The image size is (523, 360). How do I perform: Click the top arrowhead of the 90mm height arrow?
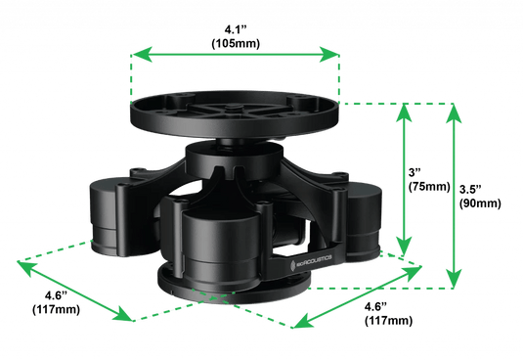(x=453, y=108)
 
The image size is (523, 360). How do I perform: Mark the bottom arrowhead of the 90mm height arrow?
(x=453, y=285)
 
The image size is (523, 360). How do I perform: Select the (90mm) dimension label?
(x=478, y=202)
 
